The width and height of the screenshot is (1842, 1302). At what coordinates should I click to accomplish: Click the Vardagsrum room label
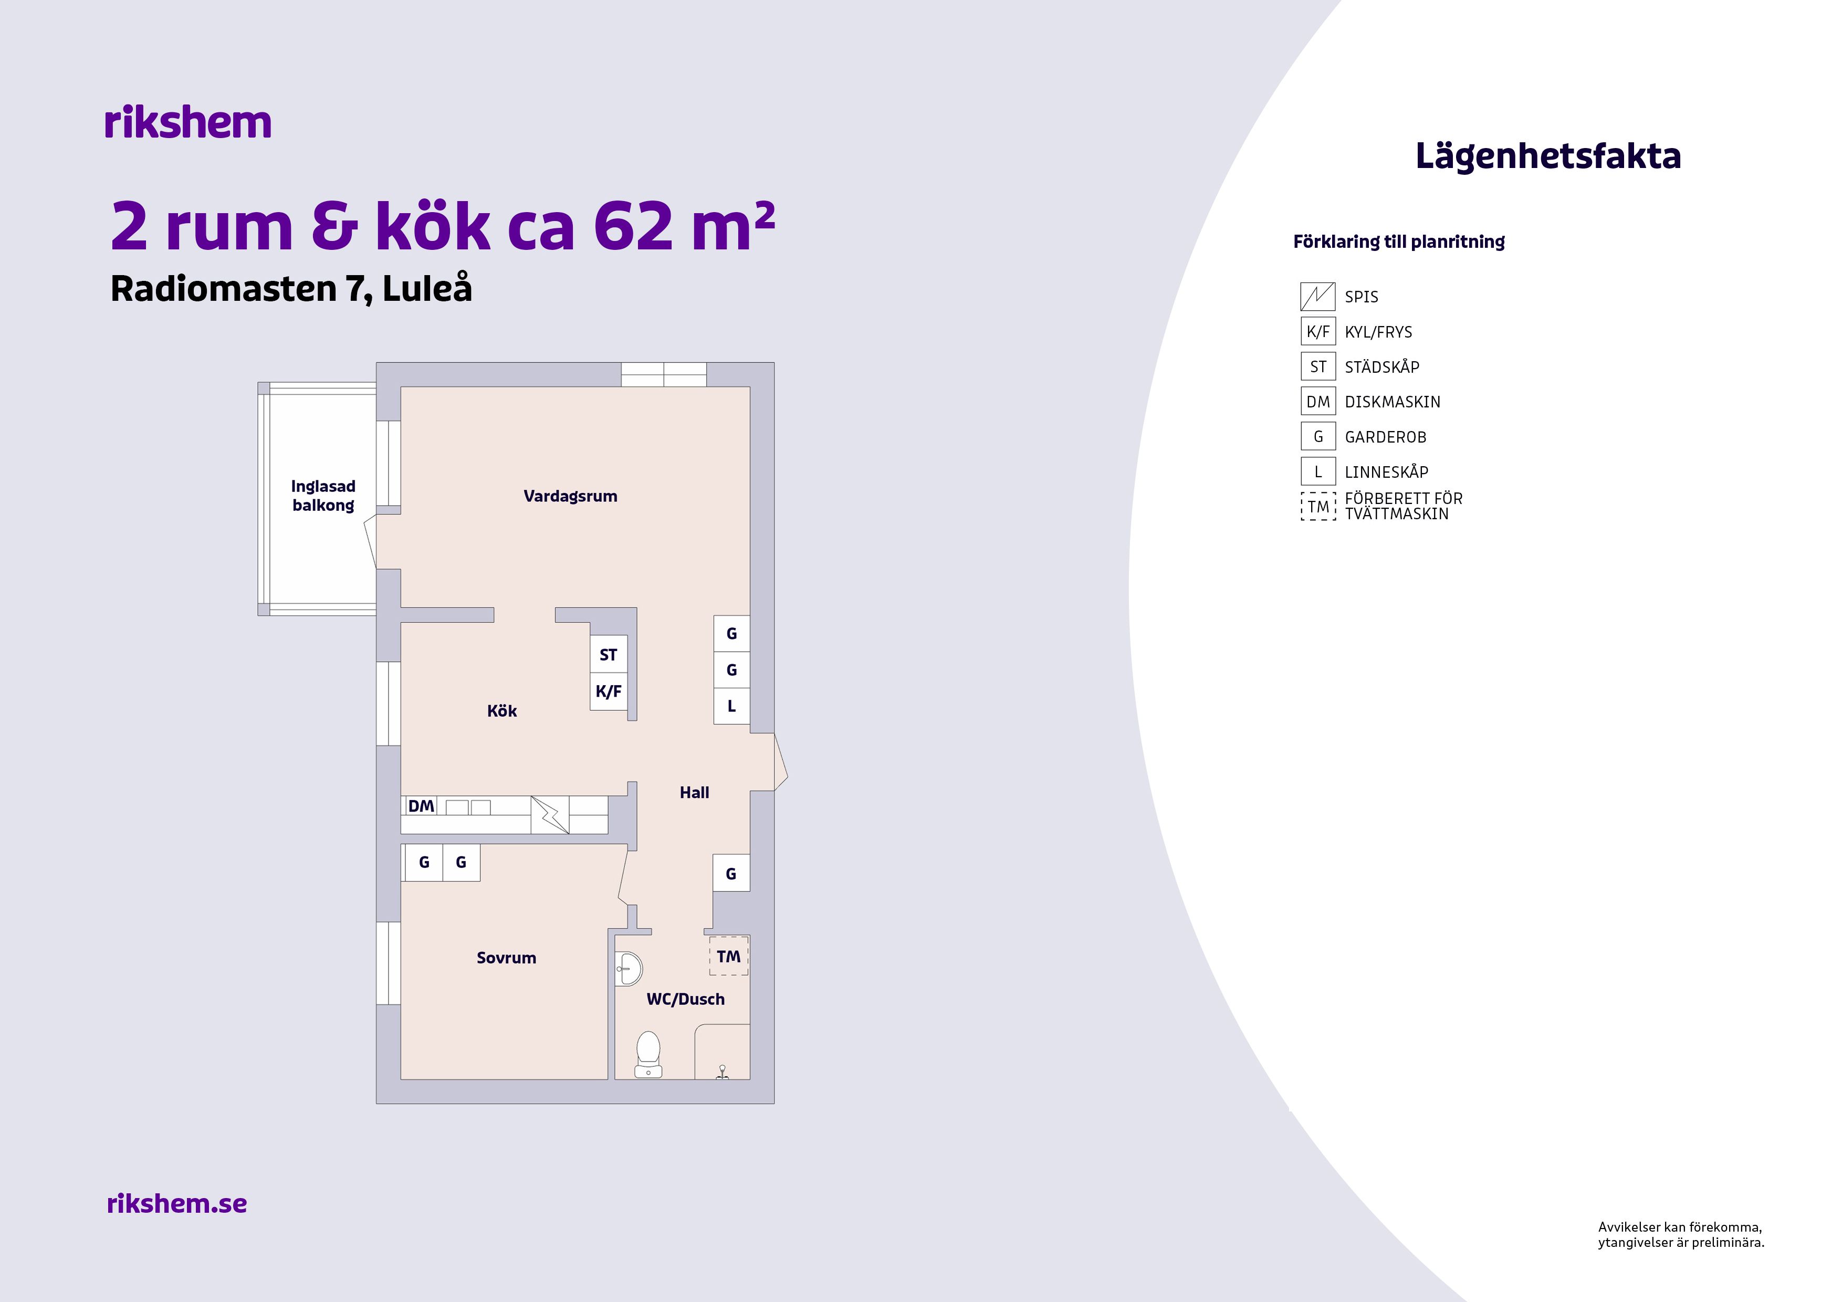pyautogui.click(x=570, y=496)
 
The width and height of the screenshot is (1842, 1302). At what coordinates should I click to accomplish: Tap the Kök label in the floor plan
pyautogui.click(x=501, y=711)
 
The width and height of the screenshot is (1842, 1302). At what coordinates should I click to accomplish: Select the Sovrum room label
pyautogui.click(x=506, y=957)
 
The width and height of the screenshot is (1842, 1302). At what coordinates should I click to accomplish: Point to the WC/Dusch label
pyautogui.click(x=685, y=999)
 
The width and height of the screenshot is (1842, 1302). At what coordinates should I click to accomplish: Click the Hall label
pyautogui.click(x=694, y=793)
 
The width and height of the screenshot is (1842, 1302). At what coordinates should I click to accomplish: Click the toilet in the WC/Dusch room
pyautogui.click(x=648, y=1054)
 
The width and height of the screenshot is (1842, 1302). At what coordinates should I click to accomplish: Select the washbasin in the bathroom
pyautogui.click(x=629, y=969)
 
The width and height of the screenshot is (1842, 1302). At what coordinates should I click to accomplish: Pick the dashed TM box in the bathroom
pyautogui.click(x=728, y=956)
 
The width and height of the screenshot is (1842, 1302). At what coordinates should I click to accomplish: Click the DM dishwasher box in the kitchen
pyautogui.click(x=421, y=805)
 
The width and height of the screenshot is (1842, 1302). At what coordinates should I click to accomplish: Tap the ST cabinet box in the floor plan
pyautogui.click(x=608, y=655)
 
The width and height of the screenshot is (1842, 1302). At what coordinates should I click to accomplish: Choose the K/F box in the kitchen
pyautogui.click(x=608, y=691)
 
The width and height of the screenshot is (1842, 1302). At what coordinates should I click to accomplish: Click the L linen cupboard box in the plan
pyautogui.click(x=731, y=706)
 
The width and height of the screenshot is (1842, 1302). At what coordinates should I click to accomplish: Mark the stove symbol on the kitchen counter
pyautogui.click(x=550, y=814)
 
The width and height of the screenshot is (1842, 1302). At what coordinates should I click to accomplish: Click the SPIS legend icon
pyautogui.click(x=1317, y=297)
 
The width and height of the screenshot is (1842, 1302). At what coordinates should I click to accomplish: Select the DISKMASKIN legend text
pyautogui.click(x=1392, y=402)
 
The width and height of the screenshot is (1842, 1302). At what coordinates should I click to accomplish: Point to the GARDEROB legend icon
pyautogui.click(x=1317, y=436)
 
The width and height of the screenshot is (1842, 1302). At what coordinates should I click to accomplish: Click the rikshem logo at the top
pyautogui.click(x=188, y=123)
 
